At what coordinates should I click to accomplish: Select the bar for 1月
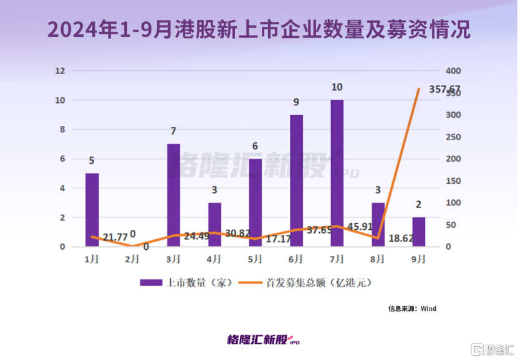(92, 210)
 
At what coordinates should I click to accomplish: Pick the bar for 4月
(214, 224)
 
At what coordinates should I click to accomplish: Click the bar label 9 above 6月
(296, 102)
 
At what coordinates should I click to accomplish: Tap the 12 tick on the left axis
(60, 71)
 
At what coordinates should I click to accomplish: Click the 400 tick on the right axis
(453, 71)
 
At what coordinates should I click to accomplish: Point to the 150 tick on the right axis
(453, 181)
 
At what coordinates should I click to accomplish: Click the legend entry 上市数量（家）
(186, 282)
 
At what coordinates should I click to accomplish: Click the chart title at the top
(259, 29)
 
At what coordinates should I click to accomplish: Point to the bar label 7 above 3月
(173, 131)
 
